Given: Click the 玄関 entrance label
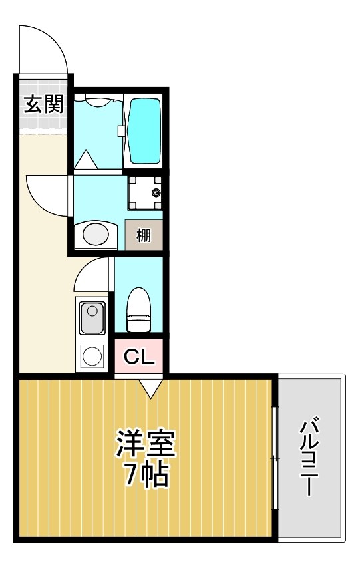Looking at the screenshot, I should [44, 105].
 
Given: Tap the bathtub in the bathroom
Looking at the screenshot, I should [144, 131].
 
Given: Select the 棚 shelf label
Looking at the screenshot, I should [143, 235].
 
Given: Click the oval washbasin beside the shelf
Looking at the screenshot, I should [95, 235].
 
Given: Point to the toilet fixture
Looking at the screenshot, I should [139, 310].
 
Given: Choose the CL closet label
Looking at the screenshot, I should [140, 357].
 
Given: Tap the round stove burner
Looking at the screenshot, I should [92, 356].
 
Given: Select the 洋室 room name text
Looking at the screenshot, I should [146, 445].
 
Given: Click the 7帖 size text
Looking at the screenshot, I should [145, 475].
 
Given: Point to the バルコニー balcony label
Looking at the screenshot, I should [311, 457].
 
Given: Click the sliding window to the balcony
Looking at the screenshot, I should [275, 458].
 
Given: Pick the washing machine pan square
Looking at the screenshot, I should [144, 193].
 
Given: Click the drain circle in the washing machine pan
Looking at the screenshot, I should [156, 193].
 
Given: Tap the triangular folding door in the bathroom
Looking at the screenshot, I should [85, 160].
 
